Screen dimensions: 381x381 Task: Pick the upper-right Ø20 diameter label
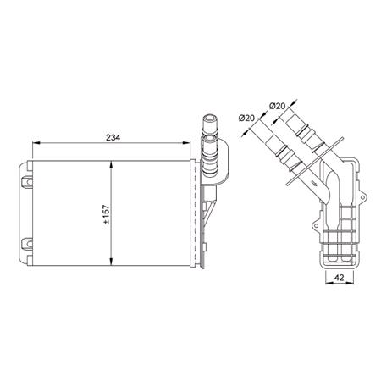(279, 106)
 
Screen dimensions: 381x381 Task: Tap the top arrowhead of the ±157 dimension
(113, 164)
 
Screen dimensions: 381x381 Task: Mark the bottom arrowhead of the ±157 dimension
(113, 261)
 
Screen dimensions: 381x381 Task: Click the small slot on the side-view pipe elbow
(312, 182)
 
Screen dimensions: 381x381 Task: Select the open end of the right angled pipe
(292, 121)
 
